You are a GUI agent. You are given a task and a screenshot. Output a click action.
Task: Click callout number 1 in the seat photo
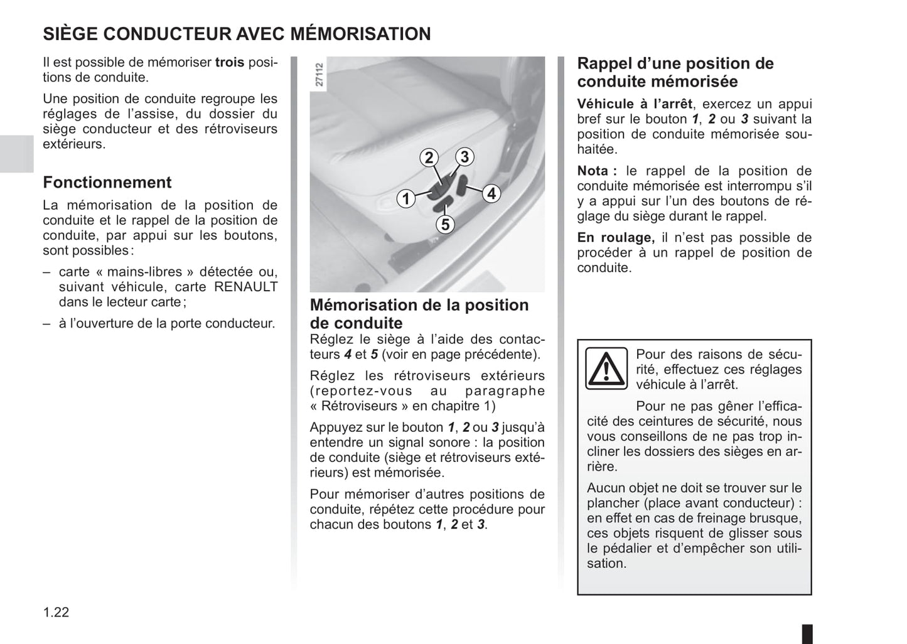tap(406, 199)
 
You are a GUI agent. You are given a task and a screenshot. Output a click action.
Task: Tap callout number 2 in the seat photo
tap(429, 158)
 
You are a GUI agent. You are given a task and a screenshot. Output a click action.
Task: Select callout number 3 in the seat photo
tap(464, 156)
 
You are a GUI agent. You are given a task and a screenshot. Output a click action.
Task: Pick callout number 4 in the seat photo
tap(491, 194)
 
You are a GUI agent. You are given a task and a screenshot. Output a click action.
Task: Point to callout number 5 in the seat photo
tap(445, 224)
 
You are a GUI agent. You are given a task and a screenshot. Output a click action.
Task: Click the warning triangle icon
tap(606, 368)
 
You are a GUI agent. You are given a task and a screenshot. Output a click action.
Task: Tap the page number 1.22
tap(56, 612)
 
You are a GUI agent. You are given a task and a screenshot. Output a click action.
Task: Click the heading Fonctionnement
tap(107, 183)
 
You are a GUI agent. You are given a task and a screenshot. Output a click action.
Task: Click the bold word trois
tap(230, 63)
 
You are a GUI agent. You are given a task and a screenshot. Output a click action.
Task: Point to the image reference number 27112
tap(319, 74)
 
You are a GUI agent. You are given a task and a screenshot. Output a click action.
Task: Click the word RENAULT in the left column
tap(246, 287)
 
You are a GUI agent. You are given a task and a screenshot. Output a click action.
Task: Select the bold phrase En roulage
tap(615, 237)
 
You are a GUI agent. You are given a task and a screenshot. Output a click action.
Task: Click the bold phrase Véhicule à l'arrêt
tap(635, 104)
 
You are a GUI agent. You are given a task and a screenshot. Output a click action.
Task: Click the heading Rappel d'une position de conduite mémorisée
tap(675, 72)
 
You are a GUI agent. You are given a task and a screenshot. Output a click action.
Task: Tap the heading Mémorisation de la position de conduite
tap(419, 314)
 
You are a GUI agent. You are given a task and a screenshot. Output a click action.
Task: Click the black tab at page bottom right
tap(807, 633)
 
